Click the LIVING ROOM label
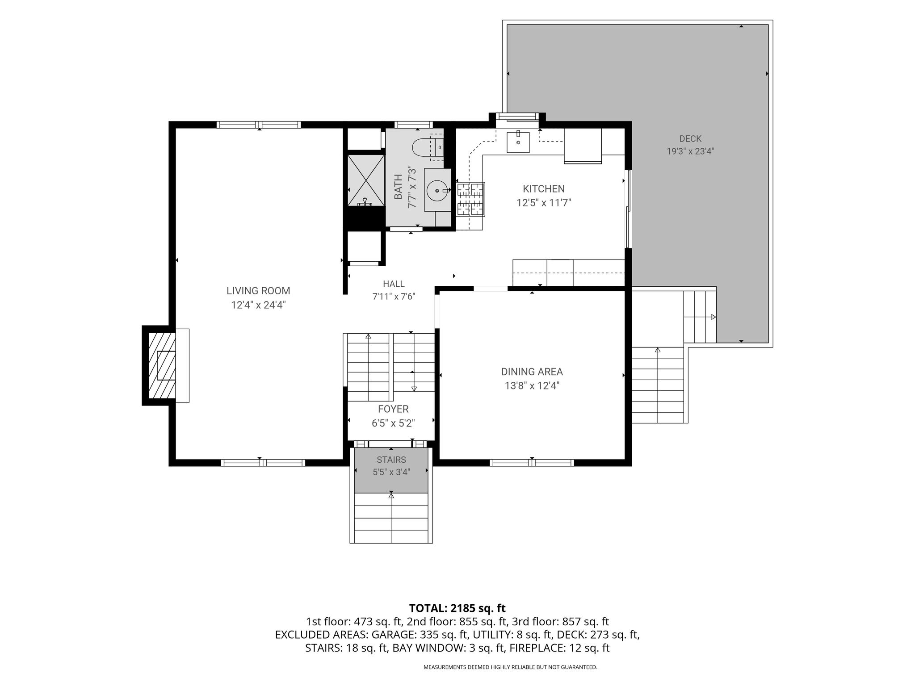coord(258,291)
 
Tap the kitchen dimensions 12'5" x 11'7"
coord(544,203)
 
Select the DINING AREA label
coord(532,372)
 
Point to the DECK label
coord(690,139)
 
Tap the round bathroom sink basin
coord(437,191)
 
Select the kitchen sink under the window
coord(518,142)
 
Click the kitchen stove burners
coord(470,199)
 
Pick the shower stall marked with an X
coord(366,180)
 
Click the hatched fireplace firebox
coord(161,365)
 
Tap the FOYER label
coord(393,409)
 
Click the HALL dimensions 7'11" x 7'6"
coord(394,297)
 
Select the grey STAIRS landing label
coord(391,460)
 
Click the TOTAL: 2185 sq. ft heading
coord(457,608)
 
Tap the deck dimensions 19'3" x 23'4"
coord(690,151)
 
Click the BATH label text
coord(398,187)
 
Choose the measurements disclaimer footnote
coord(510,667)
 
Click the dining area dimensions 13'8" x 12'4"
coord(532,386)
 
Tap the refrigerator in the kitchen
coord(583,146)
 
